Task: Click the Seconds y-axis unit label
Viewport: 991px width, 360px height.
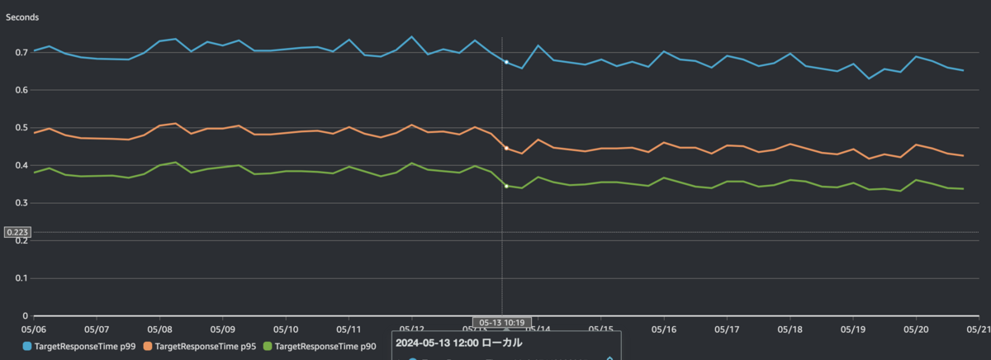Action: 22,17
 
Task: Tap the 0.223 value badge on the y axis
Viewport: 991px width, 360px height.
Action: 17,232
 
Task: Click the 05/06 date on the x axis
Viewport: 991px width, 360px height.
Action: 34,329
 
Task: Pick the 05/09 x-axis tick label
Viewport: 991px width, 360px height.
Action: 223,329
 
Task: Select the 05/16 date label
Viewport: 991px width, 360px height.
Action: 664,329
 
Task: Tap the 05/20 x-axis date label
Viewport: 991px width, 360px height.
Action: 916,329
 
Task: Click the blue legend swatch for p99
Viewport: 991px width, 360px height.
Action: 28,347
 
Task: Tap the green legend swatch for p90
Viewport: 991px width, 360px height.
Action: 267,347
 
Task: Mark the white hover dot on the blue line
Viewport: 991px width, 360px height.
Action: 506,62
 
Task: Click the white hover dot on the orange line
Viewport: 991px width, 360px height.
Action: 506,148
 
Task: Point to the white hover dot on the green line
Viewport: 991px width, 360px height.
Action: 506,186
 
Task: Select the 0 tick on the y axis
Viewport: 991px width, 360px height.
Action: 26,315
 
